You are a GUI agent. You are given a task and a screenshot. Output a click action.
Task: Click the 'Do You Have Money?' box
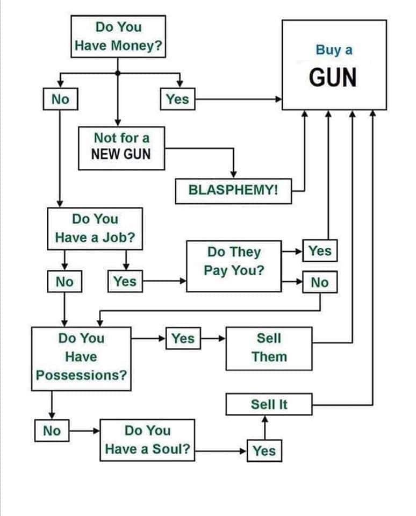pyautogui.click(x=118, y=36)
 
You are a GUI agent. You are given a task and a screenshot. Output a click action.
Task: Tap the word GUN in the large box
pyautogui.click(x=333, y=78)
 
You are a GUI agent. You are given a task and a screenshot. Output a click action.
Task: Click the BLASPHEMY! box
pyautogui.click(x=233, y=191)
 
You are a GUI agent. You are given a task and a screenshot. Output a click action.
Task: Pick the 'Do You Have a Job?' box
pyautogui.click(x=95, y=228)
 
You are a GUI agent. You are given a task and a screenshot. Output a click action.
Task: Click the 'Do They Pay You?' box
pyautogui.click(x=233, y=261)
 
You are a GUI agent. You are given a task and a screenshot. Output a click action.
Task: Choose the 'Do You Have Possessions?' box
pyautogui.click(x=81, y=357)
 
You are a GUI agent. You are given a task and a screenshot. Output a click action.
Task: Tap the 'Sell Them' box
pyautogui.click(x=269, y=348)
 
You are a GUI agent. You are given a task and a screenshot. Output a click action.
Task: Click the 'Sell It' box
pyautogui.click(x=269, y=404)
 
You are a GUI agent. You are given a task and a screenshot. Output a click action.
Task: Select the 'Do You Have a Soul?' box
pyautogui.click(x=147, y=440)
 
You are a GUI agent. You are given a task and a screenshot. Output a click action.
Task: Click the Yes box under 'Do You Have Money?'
pyautogui.click(x=177, y=99)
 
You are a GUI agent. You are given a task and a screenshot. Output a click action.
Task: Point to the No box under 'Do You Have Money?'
pyautogui.click(x=60, y=99)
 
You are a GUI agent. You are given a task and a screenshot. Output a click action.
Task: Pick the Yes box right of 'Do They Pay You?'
pyautogui.click(x=320, y=250)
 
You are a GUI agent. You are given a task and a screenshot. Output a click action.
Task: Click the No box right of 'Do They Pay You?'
pyautogui.click(x=320, y=282)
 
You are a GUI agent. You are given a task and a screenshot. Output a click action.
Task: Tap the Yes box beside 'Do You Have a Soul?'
pyautogui.click(x=264, y=450)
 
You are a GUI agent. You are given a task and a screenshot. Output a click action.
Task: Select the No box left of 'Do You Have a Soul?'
pyautogui.click(x=52, y=431)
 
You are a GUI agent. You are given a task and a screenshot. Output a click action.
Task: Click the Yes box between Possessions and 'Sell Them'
pyautogui.click(x=183, y=339)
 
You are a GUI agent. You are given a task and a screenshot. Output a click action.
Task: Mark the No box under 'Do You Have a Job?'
pyautogui.click(x=64, y=281)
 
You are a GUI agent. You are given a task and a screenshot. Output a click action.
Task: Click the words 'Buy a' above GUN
pyautogui.click(x=334, y=51)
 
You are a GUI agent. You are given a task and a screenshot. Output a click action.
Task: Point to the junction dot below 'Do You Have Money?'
pyautogui.click(x=118, y=73)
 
